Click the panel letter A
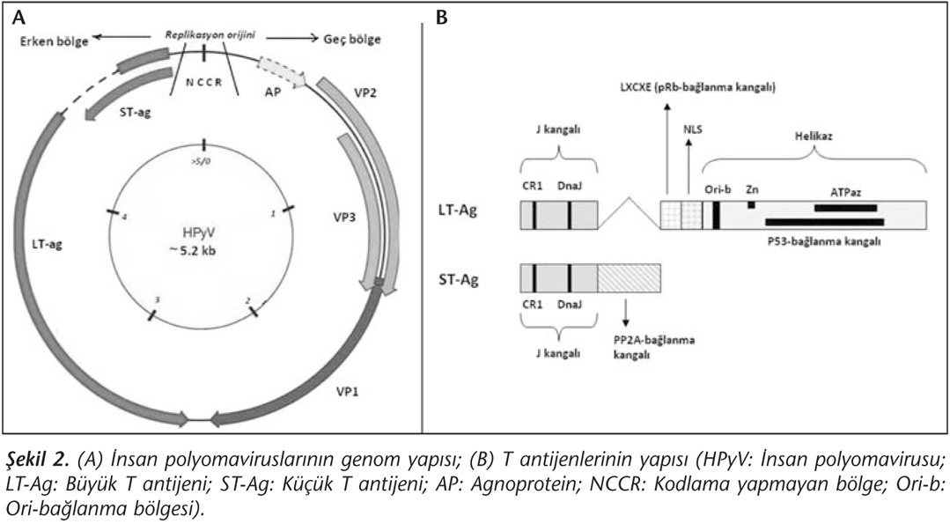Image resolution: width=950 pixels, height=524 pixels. tap(18, 18)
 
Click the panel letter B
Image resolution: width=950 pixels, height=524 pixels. tap(442, 18)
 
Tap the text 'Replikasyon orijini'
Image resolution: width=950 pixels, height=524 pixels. tap(210, 35)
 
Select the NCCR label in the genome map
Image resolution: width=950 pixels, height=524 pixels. tap(203, 83)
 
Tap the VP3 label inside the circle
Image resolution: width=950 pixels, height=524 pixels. tap(344, 217)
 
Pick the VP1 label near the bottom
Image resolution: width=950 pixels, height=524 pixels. tap(348, 391)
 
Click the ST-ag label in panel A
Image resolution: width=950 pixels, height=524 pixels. tap(136, 112)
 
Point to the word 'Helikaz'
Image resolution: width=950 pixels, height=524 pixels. tap(814, 137)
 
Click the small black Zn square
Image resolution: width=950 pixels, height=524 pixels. tap(751, 204)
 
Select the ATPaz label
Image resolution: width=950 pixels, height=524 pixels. tap(846, 193)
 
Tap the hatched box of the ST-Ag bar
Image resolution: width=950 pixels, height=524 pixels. tap(629, 278)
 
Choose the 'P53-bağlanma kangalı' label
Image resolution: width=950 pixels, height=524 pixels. tap(822, 241)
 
